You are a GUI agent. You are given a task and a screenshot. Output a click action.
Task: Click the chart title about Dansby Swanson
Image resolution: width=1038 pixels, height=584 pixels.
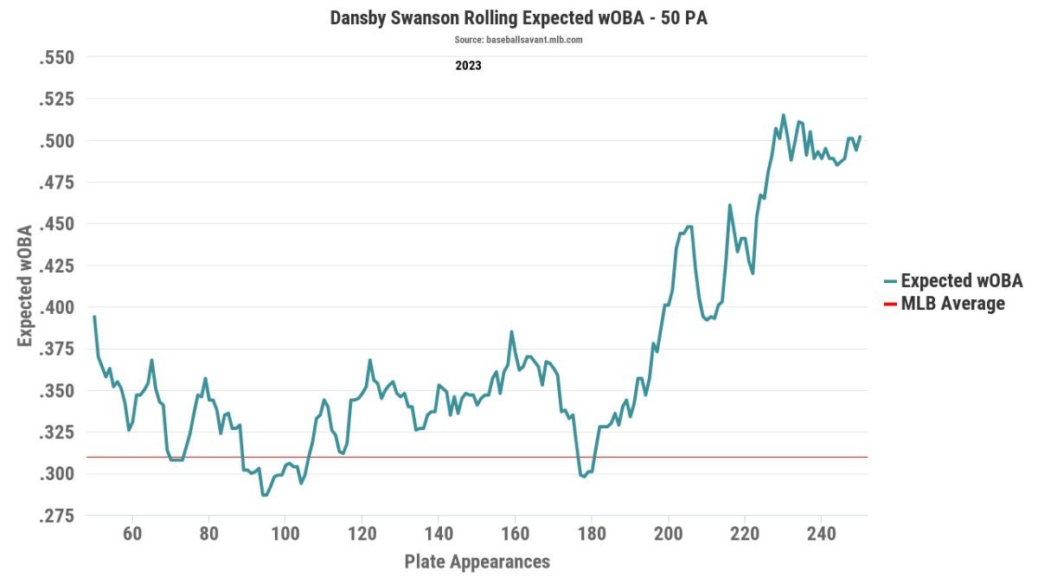pyautogui.click(x=519, y=18)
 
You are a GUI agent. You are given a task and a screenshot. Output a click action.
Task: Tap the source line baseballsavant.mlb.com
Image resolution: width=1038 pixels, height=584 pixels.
pyautogui.click(x=519, y=40)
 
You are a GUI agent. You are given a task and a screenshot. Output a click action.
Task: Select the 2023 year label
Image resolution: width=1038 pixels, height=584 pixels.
pyautogui.click(x=468, y=65)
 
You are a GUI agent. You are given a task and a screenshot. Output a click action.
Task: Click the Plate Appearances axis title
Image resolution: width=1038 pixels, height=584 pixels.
pyautogui.click(x=477, y=562)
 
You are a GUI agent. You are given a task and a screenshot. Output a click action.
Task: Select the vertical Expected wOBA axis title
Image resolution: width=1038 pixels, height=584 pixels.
pyautogui.click(x=25, y=286)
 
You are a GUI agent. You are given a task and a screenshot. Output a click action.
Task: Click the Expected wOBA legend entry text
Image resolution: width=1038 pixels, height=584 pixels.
pyautogui.click(x=962, y=281)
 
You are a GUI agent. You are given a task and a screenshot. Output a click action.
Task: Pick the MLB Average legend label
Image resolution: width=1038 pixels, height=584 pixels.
pyautogui.click(x=952, y=304)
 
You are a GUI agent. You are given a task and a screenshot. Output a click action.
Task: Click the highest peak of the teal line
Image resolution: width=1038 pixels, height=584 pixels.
pyautogui.click(x=784, y=115)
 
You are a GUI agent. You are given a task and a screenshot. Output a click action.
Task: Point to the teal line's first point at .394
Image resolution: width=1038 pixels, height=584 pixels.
pyautogui.click(x=94, y=317)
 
